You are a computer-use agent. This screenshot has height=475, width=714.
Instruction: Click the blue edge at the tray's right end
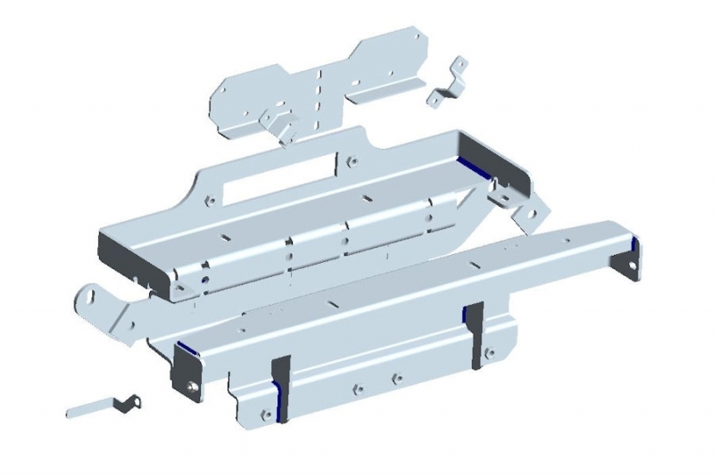coord(470,163)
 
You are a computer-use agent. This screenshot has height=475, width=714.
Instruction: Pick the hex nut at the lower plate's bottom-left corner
coord(266,413)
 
